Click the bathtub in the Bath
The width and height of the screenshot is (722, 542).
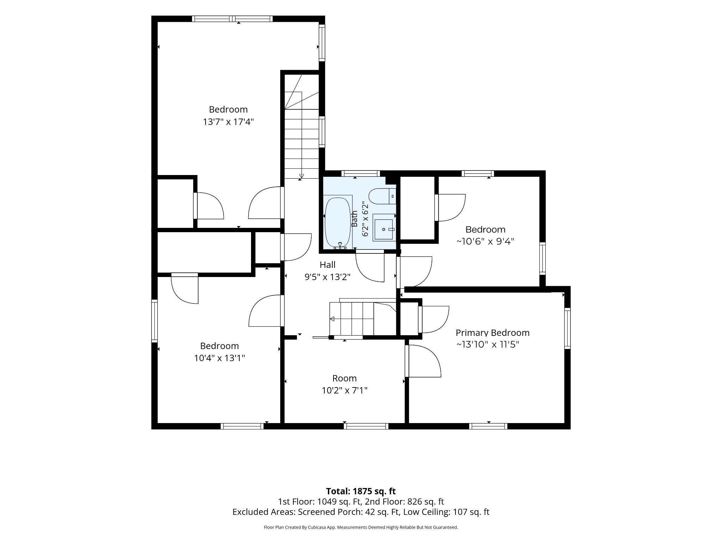[338, 223]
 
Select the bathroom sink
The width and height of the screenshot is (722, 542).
[384, 229]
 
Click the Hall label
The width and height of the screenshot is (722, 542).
[328, 265]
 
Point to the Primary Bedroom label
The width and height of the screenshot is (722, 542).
[492, 333]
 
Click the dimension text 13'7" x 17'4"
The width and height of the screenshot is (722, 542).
[228, 122]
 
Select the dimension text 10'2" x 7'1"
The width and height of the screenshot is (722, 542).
[344, 390]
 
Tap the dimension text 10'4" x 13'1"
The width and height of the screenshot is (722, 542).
[219, 358]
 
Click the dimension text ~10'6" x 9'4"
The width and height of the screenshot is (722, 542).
[485, 241]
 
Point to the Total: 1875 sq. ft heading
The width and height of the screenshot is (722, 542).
[361, 491]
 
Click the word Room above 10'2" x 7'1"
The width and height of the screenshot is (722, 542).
[344, 378]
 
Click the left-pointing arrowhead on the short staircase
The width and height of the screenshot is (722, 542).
[332, 319]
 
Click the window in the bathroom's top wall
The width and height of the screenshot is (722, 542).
[361, 173]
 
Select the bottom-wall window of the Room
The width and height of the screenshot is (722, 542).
[366, 426]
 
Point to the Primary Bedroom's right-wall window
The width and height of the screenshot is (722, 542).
[568, 329]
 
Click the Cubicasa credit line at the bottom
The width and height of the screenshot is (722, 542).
[361, 527]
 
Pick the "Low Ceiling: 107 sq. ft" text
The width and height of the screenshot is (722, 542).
[446, 512]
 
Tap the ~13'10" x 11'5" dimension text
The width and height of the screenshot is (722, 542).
[488, 344]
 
